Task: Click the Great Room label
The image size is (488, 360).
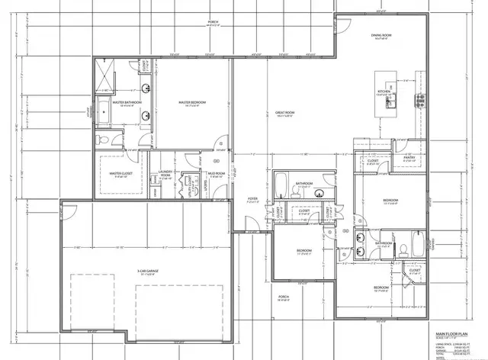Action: click(x=285, y=114)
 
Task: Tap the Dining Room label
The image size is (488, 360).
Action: click(x=381, y=36)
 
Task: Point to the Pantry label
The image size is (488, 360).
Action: click(x=409, y=159)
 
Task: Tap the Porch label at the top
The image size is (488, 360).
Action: click(x=213, y=22)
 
